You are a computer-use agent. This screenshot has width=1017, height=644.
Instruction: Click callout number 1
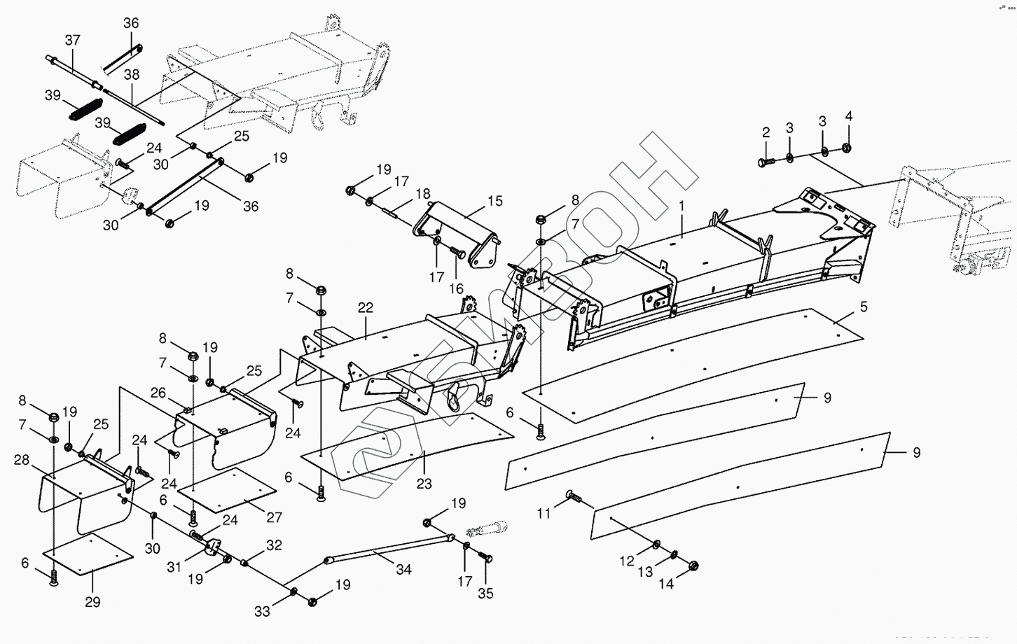pos(680,206)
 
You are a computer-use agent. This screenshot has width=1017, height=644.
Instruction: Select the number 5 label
pos(864,307)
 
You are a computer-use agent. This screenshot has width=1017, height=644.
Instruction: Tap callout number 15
pos(495,202)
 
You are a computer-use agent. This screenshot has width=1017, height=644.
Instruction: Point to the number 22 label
pos(366,308)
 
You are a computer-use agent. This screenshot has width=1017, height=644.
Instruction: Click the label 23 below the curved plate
pos(424,483)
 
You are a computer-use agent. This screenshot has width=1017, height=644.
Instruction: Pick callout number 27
pos(274,517)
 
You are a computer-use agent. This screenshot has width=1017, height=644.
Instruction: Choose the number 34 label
pos(403,570)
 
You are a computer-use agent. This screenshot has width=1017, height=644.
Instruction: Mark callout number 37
pos(72,41)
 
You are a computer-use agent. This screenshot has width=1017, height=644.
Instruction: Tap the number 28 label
pos(22,460)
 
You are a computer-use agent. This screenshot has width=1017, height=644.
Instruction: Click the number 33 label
pos(262,611)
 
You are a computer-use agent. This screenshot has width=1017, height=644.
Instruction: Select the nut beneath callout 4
pos(847,148)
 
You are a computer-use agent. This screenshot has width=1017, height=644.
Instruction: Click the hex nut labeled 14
pos(693,566)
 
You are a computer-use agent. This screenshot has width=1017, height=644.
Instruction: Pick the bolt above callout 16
pos(457,251)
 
